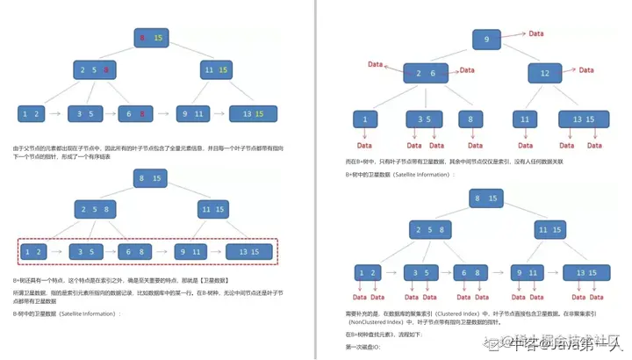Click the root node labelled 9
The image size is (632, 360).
[x=486, y=40]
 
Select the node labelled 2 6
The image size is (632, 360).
[x=425, y=74]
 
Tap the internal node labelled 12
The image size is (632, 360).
[x=544, y=74]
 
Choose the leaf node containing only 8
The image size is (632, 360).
[x=470, y=119]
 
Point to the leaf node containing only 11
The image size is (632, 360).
[x=525, y=119]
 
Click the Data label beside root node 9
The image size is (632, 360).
[x=535, y=34]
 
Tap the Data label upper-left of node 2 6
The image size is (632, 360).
[x=376, y=64]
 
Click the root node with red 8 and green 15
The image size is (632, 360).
[x=149, y=37]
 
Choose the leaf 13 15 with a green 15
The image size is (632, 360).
[x=253, y=113]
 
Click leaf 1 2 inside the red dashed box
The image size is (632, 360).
[x=32, y=252]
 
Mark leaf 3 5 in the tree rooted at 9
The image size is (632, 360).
[x=423, y=119]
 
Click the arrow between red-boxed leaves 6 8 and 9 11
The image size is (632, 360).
[x=163, y=252]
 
